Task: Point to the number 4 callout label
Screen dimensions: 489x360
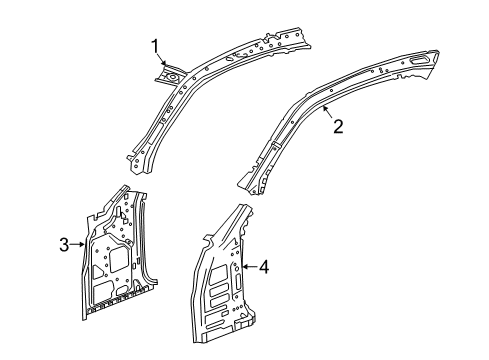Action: point(263,266)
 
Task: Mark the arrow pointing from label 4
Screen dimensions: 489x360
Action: point(249,266)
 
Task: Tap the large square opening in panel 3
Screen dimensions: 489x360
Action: point(117,262)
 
